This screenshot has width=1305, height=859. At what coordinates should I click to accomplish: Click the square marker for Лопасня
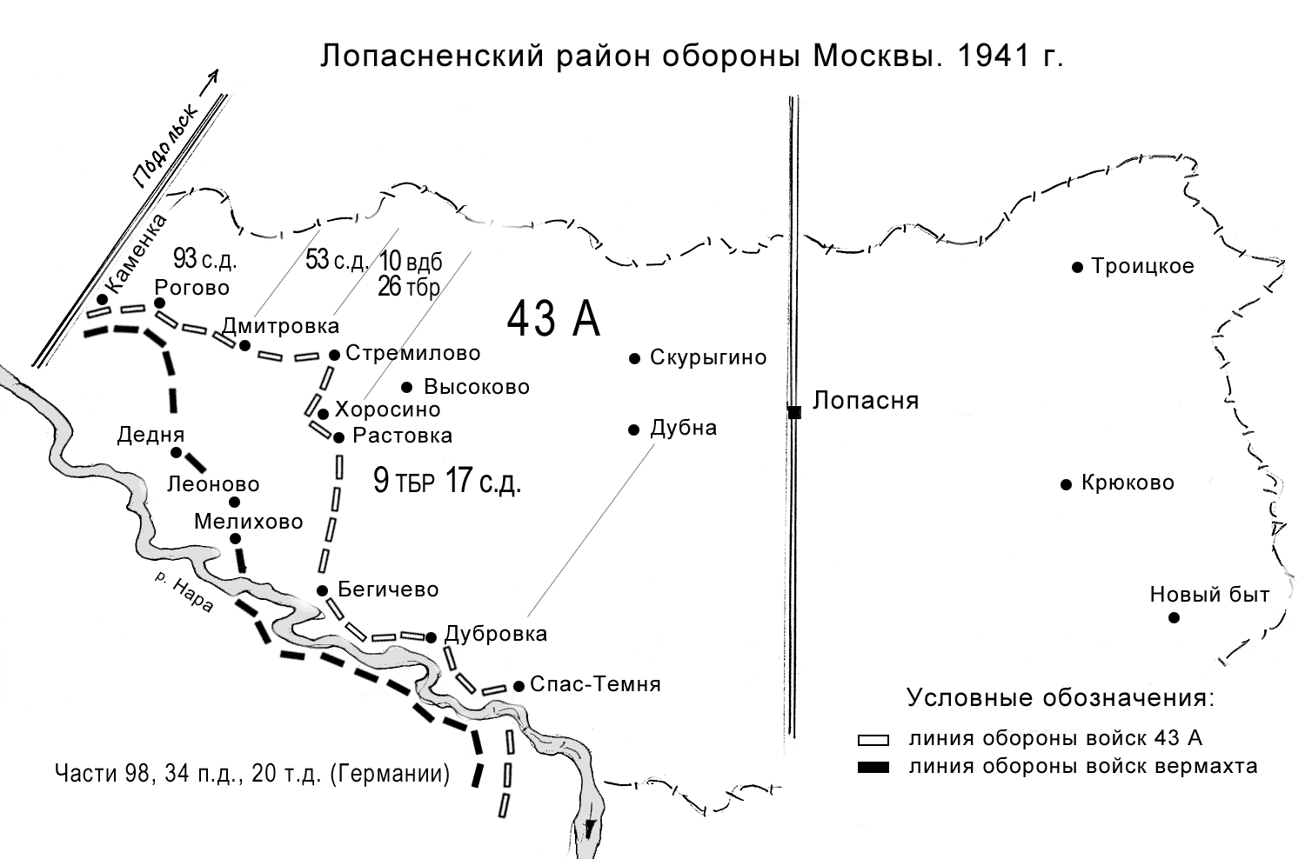(793, 412)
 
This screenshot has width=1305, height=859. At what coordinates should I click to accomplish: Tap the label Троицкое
(1142, 266)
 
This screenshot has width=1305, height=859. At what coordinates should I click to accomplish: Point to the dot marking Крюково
(1066, 484)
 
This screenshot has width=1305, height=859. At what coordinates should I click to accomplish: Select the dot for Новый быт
(1174, 617)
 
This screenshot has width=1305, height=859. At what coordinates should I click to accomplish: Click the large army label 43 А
(553, 319)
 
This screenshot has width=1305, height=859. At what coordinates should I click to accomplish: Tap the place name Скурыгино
(708, 357)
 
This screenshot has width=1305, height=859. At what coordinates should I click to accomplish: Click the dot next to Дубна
(634, 429)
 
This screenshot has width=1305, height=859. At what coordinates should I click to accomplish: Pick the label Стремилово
(412, 353)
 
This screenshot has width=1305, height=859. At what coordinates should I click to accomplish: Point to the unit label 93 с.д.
(205, 258)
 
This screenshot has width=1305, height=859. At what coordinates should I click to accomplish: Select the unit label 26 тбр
(409, 287)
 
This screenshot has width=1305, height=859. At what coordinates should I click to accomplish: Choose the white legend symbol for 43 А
(873, 740)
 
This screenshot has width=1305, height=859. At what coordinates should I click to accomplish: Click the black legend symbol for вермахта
(873, 767)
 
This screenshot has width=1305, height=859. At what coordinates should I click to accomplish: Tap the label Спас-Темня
(595, 684)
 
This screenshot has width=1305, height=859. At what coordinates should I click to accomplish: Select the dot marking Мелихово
(235, 538)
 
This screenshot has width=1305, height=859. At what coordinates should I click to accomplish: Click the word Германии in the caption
(391, 773)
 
